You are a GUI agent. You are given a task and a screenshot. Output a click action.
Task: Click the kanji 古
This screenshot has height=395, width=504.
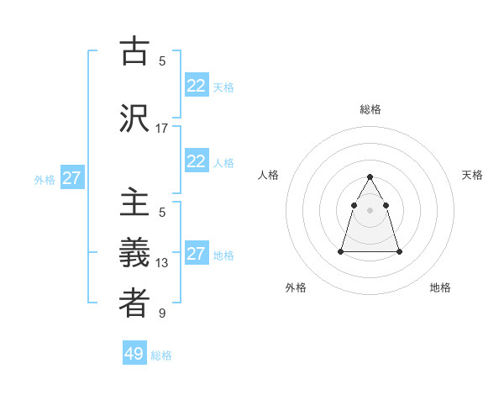(x=134, y=52)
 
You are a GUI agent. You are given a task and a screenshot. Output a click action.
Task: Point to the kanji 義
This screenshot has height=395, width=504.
(x=134, y=253)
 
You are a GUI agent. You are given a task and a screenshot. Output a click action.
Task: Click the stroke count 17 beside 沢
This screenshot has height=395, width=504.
(x=162, y=129)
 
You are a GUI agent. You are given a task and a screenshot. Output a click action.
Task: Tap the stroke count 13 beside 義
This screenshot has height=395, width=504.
(x=162, y=263)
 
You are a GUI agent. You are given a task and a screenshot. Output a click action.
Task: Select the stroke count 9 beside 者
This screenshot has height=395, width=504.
(x=162, y=313)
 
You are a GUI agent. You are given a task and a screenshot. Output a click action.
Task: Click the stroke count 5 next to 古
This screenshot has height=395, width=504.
(x=162, y=61)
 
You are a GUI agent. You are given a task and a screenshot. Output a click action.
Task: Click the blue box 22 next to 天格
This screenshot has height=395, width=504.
(x=196, y=86)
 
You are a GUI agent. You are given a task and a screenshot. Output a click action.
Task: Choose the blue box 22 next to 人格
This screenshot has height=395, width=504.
(x=196, y=161)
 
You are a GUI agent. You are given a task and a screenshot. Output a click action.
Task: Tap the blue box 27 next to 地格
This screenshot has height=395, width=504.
(x=196, y=254)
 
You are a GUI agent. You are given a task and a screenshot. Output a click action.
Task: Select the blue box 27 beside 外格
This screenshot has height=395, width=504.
(x=71, y=178)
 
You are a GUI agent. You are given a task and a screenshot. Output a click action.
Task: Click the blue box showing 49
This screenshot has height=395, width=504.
(x=134, y=354)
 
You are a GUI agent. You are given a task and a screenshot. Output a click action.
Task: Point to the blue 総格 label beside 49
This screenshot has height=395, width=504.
(x=161, y=355)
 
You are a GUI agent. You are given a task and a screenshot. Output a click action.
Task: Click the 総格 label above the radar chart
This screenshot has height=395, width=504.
(x=370, y=109)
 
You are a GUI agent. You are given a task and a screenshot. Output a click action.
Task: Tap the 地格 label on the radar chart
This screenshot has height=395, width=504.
(x=440, y=287)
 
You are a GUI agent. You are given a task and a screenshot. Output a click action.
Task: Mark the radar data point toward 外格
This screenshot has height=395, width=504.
(x=341, y=251)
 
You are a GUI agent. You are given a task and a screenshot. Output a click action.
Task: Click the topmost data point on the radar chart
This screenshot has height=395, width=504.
(x=370, y=176)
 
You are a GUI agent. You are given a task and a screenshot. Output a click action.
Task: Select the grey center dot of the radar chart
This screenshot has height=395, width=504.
(x=370, y=208)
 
